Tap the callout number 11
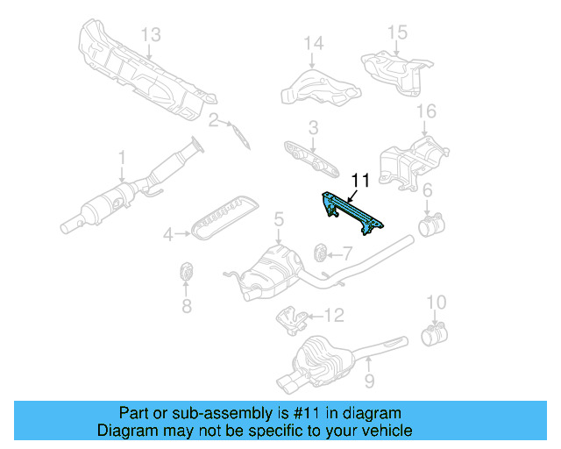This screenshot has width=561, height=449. [360, 182]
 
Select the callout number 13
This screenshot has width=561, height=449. [152, 34]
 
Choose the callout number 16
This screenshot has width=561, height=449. [426, 111]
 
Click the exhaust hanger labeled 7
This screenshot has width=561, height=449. [322, 254]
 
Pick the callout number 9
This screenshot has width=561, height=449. [369, 381]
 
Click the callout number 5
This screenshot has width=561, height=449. [278, 219]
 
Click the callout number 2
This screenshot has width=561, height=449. [213, 119]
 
